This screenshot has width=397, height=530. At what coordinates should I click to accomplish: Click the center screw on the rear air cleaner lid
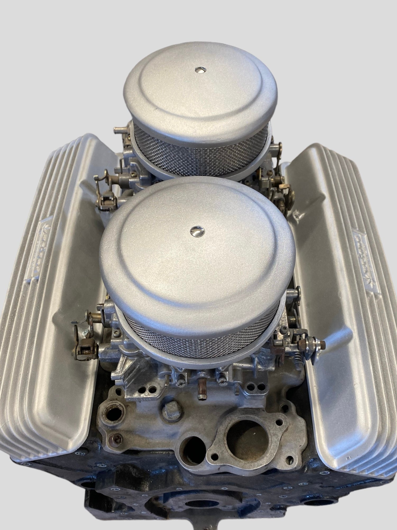[x=200, y=70]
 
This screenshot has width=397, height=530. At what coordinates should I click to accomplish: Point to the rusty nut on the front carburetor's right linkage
[x=302, y=344]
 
